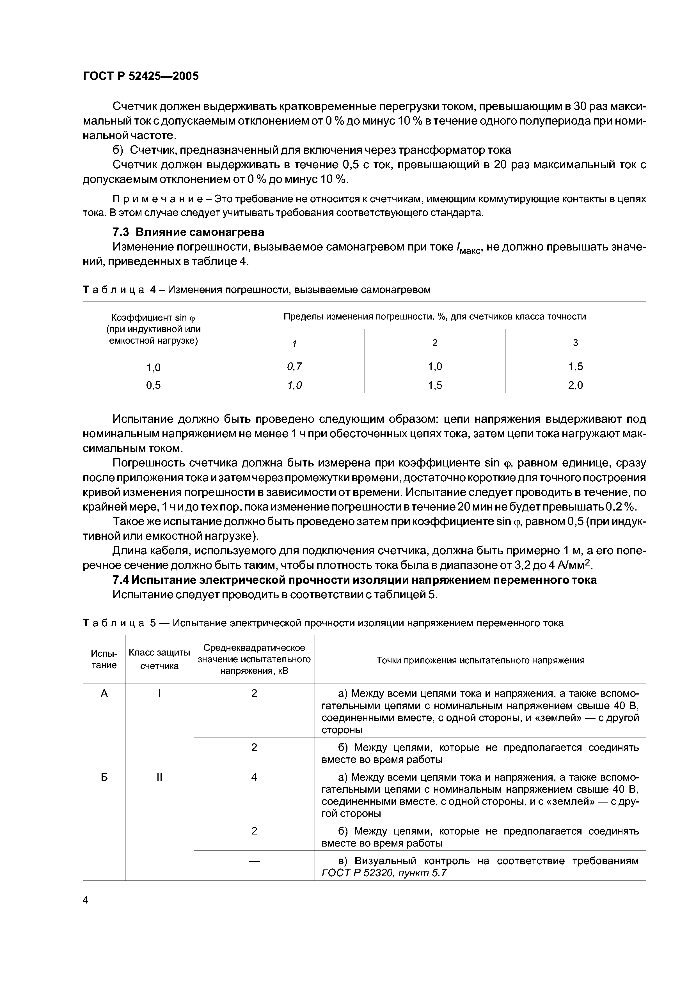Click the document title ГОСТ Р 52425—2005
click(x=141, y=76)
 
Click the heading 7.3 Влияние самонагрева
click(x=188, y=232)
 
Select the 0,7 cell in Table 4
click(x=294, y=366)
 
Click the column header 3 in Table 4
click(x=576, y=342)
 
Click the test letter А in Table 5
click(x=104, y=693)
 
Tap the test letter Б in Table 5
click(x=104, y=777)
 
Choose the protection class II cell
click(x=159, y=777)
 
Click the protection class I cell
click(x=159, y=693)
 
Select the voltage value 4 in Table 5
click(x=254, y=777)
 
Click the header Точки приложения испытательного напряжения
click(x=480, y=660)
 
